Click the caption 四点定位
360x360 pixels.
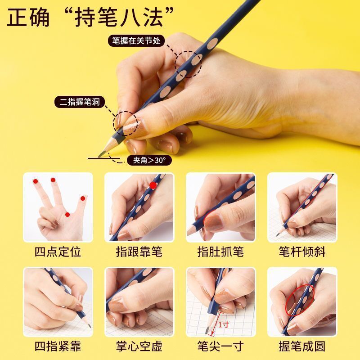pyautogui.click(x=58, y=252)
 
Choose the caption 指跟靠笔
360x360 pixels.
pyautogui.click(x=139, y=252)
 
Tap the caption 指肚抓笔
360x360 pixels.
pyautogui.click(x=220, y=252)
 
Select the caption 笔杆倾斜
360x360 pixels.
pyautogui.click(x=301, y=252)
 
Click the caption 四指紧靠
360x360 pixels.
pyautogui.click(x=58, y=347)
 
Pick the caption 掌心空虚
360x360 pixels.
pyautogui.click(x=139, y=347)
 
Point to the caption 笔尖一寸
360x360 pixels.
pyautogui.click(x=220, y=347)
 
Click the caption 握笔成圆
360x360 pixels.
pyautogui.click(x=301, y=347)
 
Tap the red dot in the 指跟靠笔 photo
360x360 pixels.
pyautogui.click(x=153, y=185)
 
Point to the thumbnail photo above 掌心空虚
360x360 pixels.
pyautogui.click(x=139, y=302)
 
